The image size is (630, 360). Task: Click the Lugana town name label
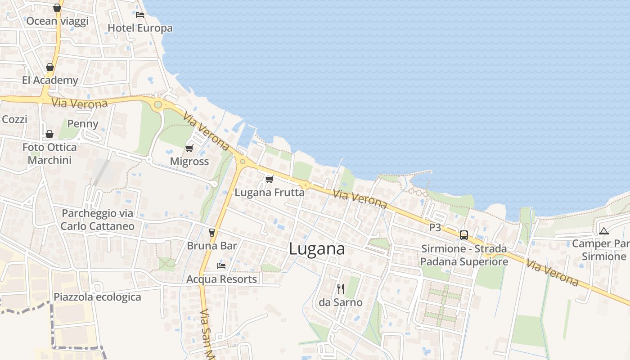pyautogui.click(x=317, y=249)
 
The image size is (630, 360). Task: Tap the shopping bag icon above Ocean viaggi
pyautogui.click(x=57, y=8)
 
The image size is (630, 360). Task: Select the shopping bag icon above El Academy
pyautogui.click(x=50, y=67)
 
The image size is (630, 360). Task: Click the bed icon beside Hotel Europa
pyautogui.click(x=140, y=14)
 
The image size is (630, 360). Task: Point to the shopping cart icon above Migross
pyautogui.click(x=189, y=148)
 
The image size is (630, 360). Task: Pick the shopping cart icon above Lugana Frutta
pyautogui.click(x=270, y=179)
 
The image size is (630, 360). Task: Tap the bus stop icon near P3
pyautogui.click(x=464, y=235)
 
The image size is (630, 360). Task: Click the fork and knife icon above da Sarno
pyautogui.click(x=341, y=288)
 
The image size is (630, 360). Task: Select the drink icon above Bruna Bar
pyautogui.click(x=212, y=232)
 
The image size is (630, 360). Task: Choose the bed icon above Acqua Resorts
pyautogui.click(x=221, y=265)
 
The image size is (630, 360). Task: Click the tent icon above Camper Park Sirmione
pyautogui.click(x=603, y=231)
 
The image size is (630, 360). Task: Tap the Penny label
pyautogui.click(x=82, y=124)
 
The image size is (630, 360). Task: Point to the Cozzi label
pyautogui.click(x=14, y=119)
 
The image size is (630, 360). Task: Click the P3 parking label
pyautogui.click(x=435, y=227)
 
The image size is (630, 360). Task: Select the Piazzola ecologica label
pyautogui.click(x=97, y=297)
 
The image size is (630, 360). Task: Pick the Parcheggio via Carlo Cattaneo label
pyautogui.click(x=97, y=220)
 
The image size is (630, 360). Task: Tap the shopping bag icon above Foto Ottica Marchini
pyautogui.click(x=49, y=134)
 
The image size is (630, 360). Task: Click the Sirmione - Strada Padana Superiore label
pyautogui.click(x=464, y=255)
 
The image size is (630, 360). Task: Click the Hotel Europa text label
pyautogui.click(x=140, y=28)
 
